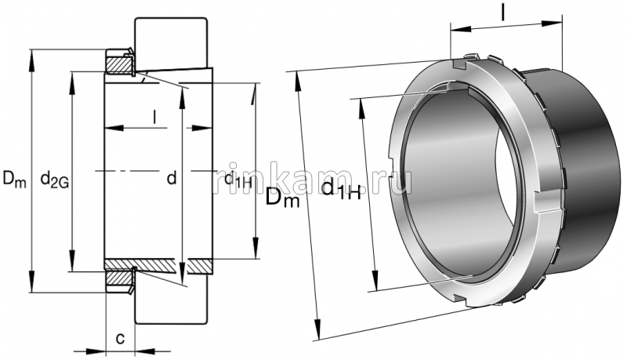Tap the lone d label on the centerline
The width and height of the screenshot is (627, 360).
click(172, 178)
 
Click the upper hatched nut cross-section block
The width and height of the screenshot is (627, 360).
click(119, 63)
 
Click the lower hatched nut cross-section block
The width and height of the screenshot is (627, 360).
click(119, 278)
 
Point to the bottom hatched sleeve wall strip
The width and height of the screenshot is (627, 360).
click(157, 265)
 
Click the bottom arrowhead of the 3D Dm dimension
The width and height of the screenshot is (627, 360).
click(319, 333)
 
